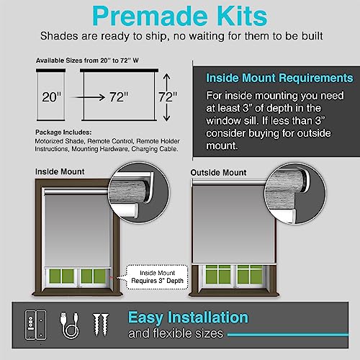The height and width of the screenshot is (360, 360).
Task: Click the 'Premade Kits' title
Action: point(179,15)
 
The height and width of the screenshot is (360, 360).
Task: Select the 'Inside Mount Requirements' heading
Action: point(279,78)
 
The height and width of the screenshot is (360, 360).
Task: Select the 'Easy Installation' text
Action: point(188,317)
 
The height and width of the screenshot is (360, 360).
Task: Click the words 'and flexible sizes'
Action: point(176,334)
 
